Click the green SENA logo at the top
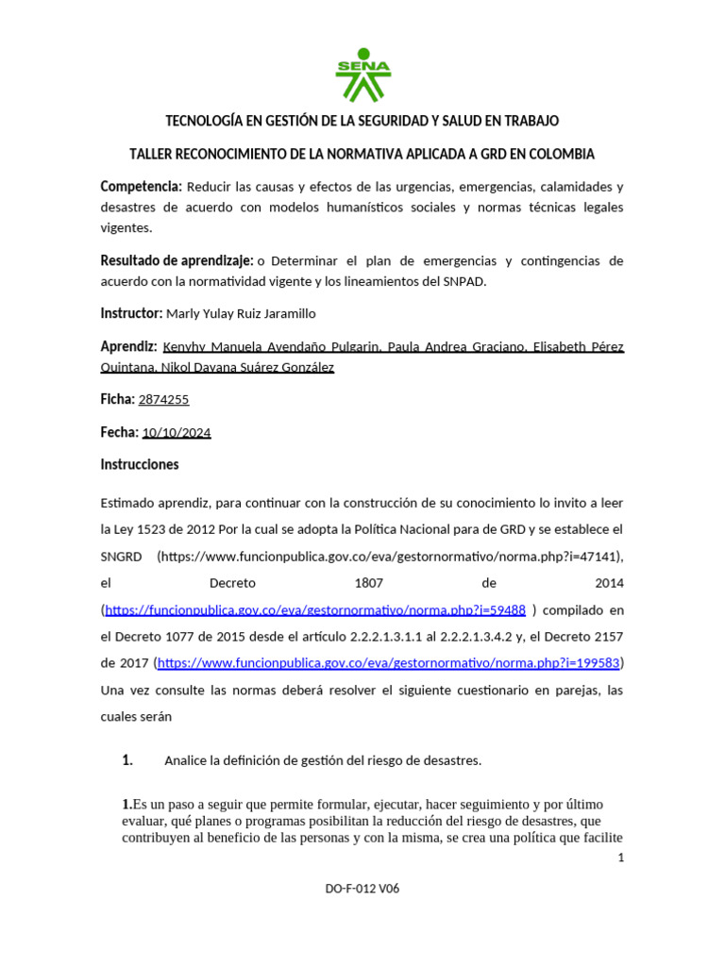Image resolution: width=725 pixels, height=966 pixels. tap(362, 75)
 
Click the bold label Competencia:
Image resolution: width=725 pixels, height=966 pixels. tap(141, 187)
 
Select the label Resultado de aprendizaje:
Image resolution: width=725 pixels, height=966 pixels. tap(177, 260)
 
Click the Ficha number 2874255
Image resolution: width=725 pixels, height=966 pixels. tap(163, 400)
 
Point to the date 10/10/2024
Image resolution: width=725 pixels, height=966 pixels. tap(177, 433)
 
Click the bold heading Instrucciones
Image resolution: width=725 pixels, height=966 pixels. tap(140, 465)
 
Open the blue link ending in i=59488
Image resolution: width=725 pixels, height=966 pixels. tap(315, 610)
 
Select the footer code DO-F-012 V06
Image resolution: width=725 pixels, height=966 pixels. tap(362, 889)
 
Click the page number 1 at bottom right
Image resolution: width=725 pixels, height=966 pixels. tap(620, 858)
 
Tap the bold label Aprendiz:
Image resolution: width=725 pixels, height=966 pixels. tap(128, 346)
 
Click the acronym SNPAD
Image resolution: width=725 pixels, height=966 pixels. tap(462, 281)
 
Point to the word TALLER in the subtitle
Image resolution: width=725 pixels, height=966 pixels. tap(154, 154)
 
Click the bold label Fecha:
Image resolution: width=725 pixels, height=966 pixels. tap(119, 433)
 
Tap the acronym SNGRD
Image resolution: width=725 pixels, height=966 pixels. tap(121, 557)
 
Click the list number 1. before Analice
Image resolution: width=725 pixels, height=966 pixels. tap(127, 761)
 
